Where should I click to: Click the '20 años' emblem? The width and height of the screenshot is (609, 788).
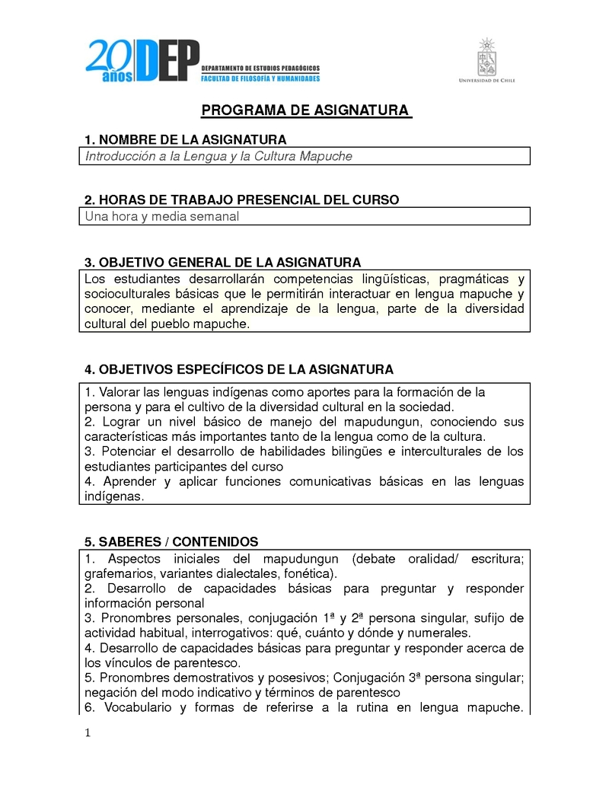tap(110, 61)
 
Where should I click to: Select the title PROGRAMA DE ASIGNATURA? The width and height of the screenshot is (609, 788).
tap(304, 111)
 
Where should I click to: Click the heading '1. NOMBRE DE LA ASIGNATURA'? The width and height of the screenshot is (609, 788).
tap(186, 140)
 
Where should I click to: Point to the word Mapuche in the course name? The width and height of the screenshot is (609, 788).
tap(327, 157)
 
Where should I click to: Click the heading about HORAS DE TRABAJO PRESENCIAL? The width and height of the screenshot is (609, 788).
tap(241, 200)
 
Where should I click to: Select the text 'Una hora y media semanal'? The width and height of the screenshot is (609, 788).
tap(162, 217)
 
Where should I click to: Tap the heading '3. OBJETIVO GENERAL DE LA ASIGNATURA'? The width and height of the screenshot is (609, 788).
tap(222, 263)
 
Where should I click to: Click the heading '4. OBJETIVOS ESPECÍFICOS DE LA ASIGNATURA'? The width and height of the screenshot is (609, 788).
tap(239, 370)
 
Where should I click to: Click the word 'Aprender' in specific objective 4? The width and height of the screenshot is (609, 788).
tap(125, 481)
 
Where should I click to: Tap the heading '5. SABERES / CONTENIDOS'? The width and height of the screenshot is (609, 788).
tap(171, 542)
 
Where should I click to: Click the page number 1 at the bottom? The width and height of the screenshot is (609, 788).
tap(88, 733)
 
